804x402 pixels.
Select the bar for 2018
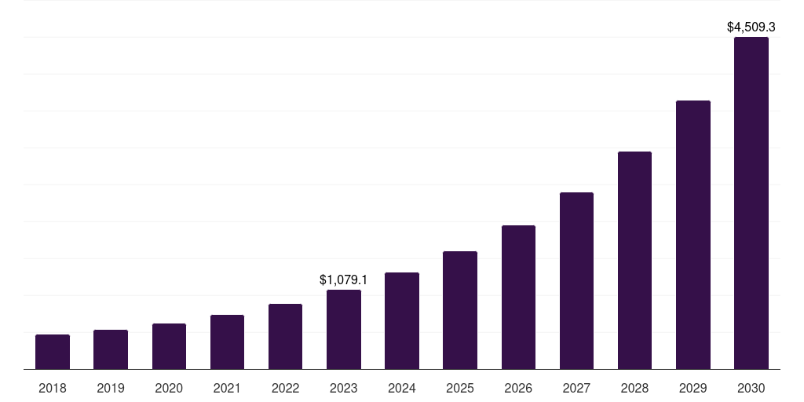point(53,352)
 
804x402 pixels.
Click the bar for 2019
point(111,349)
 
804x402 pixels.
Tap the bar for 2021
point(227,342)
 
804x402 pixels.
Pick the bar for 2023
point(344,329)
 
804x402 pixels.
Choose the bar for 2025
point(460,310)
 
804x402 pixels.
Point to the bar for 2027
point(576,280)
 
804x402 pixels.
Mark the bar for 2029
point(693,235)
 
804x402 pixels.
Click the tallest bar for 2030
point(751,203)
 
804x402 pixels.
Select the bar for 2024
point(402,320)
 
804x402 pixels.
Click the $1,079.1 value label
point(344,280)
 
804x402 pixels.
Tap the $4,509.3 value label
point(751,27)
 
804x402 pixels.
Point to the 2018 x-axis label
point(53,388)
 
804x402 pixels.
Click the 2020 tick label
point(169,388)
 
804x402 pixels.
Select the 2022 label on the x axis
point(285,388)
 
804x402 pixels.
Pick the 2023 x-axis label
point(344,388)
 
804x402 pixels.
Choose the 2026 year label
point(518,388)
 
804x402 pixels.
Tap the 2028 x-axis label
point(634,388)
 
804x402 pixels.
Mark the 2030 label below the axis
point(751,388)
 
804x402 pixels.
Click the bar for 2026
point(518,297)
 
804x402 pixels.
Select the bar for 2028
point(634,260)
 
